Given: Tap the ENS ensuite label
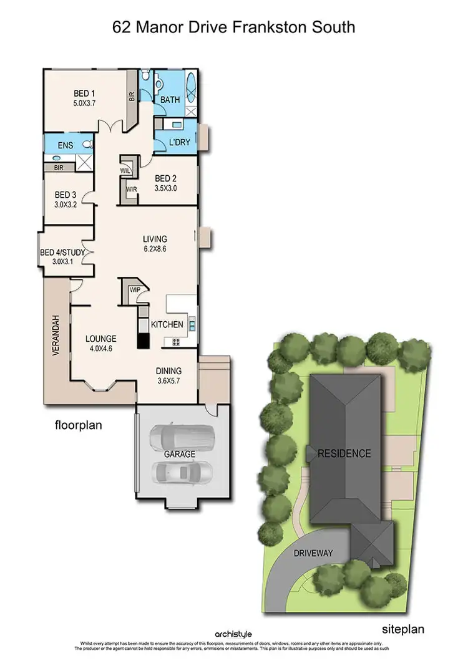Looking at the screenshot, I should tap(65, 145).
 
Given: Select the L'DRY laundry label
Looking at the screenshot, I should tap(180, 143).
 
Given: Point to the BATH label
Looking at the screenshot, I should tap(170, 100).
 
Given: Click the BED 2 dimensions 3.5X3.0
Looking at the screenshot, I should tap(166, 187).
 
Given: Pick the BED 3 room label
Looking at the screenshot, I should tap(67, 195).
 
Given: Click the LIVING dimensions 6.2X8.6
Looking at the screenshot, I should tap(155, 248).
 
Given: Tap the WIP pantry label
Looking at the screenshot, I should tap(135, 290).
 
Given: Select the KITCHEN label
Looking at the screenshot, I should tap(167, 324).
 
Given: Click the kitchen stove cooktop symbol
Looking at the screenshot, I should tap(176, 341).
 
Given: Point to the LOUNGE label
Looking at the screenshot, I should tap(100, 339).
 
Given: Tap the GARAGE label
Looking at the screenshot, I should tap(180, 454).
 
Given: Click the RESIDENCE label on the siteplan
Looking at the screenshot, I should tap(344, 453).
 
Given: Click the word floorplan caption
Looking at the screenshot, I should tap(78, 426).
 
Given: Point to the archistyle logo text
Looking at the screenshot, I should tap(234, 634).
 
